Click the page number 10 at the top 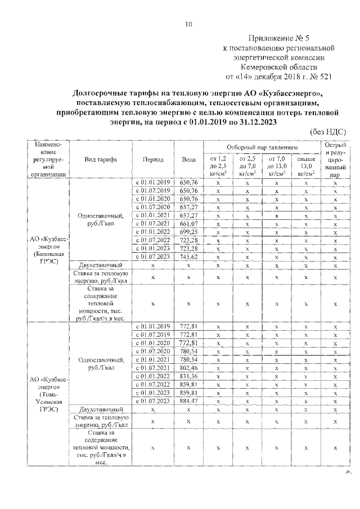(x=188, y=24)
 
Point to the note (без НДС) (x=328, y=131)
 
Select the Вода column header (x=189, y=159)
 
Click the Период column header (x=153, y=159)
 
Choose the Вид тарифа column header (x=101, y=159)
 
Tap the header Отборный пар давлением (x=260, y=146)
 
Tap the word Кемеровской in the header (x=280, y=65)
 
